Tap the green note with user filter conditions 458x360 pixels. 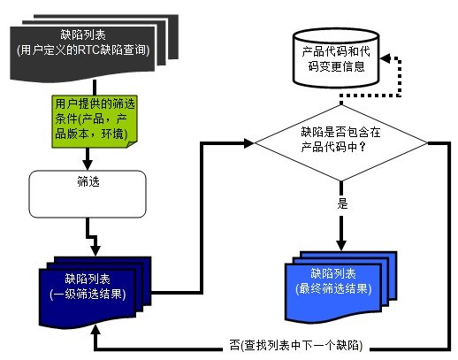[x=95, y=121]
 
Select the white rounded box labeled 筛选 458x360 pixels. [x=88, y=194]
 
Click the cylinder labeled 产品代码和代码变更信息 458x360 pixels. [x=336, y=58]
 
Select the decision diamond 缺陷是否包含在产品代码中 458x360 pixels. [x=341, y=143]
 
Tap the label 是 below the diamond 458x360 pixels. [x=342, y=203]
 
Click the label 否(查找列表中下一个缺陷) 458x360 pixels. [x=296, y=345]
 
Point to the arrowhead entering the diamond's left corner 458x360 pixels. [x=249, y=143]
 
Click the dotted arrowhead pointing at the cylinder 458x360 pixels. [x=385, y=58]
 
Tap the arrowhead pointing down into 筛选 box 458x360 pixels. [x=88, y=165]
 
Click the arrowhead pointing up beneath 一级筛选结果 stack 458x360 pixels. [x=95, y=330]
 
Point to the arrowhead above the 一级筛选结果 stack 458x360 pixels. [x=95, y=250]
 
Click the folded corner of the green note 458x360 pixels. [x=132, y=144]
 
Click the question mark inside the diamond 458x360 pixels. [x=363, y=147]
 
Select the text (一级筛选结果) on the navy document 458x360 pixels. [x=88, y=294]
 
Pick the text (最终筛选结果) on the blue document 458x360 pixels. [x=333, y=288]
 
